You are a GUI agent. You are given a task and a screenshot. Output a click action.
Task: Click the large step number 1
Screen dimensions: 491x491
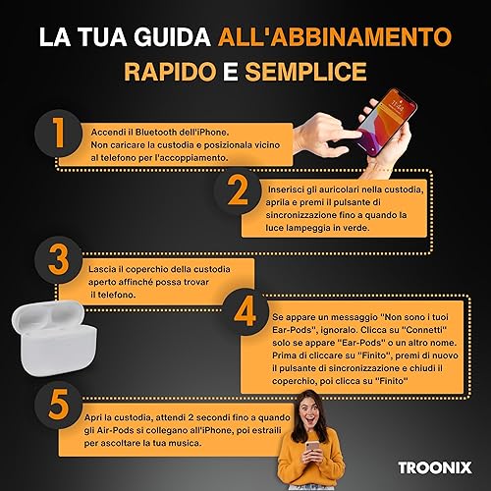[x=59, y=133]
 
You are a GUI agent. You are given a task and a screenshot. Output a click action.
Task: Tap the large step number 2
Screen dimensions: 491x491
[x=238, y=191]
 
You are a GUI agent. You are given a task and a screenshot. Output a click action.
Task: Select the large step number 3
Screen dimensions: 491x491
[x=59, y=260]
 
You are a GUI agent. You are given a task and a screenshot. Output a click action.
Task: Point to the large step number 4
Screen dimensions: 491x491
[x=245, y=312]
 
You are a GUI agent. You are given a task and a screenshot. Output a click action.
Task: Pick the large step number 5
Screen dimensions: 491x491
[x=59, y=405]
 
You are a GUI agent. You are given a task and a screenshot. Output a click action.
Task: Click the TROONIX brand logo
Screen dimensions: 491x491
[x=435, y=467]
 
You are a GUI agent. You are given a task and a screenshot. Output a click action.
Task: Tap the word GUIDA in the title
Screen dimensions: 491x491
[x=172, y=36]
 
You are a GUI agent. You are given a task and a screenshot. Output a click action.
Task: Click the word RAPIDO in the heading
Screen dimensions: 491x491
[x=170, y=72]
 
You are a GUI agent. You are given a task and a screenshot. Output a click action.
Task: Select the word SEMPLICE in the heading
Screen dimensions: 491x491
[x=305, y=72]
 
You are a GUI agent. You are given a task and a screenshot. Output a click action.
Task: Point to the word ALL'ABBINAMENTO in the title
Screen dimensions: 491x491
[x=335, y=36]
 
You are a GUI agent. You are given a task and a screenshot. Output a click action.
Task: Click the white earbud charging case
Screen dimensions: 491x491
[x=55, y=338]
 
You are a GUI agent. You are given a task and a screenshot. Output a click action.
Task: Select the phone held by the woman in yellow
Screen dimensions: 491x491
[x=311, y=447]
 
